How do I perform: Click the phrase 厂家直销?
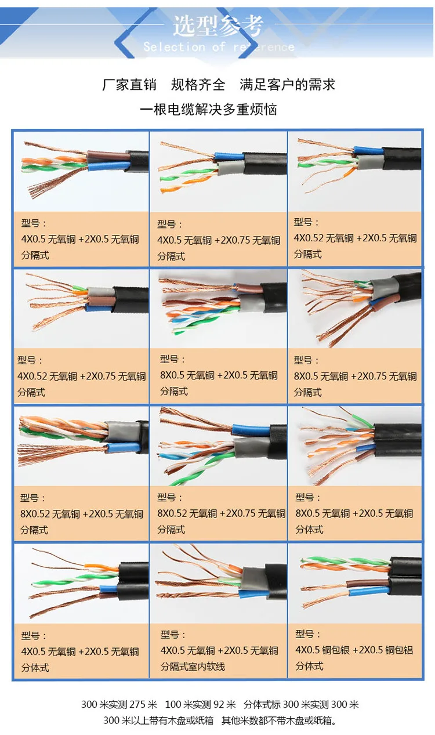click(129, 85)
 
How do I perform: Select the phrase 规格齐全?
click(198, 85)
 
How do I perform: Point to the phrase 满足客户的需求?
click(288, 85)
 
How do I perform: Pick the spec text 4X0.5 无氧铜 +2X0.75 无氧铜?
click(219, 240)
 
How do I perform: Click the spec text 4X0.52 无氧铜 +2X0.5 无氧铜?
click(355, 238)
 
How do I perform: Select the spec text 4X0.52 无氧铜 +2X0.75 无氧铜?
click(81, 376)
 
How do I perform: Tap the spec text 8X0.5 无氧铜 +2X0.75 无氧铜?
click(355, 376)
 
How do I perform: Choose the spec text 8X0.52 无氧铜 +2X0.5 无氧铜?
click(81, 514)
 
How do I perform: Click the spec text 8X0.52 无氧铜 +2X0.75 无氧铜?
click(221, 513)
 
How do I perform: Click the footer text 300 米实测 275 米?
click(119, 705)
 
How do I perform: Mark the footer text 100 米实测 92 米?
click(200, 705)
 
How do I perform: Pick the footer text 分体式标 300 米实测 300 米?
click(301, 705)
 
